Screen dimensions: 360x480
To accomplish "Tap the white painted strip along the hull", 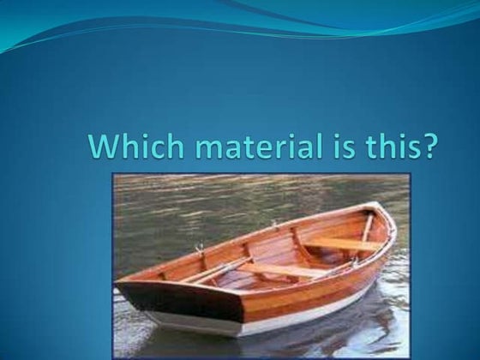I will pos(283,317).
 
